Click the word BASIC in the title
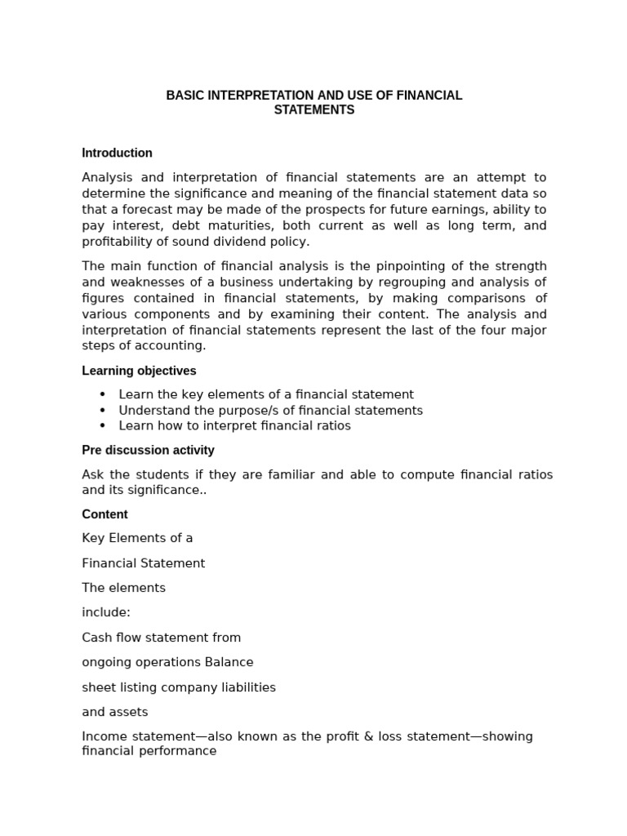[184, 96]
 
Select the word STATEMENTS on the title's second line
[314, 110]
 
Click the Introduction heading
[117, 153]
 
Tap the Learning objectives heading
[139, 371]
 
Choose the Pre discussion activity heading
[148, 450]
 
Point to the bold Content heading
[104, 514]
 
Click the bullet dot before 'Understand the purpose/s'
[103, 411]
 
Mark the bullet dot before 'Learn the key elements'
[103, 394]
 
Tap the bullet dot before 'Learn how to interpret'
[103, 426]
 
